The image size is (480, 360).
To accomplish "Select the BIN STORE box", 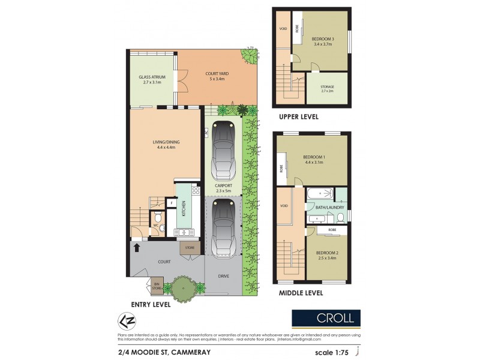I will coord(157,287).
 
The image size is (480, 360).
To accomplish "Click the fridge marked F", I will coord(171,203).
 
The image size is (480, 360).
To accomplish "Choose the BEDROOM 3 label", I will coord(325,41).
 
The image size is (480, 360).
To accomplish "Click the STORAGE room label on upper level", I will coord(327,88).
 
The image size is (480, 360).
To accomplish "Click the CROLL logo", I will coord(326,317).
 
